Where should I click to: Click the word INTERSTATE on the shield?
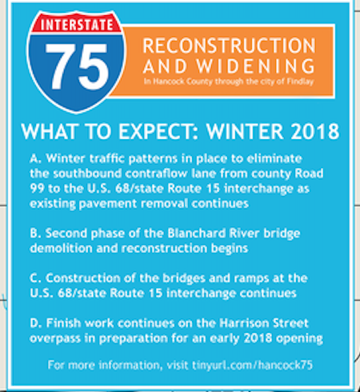[77, 25]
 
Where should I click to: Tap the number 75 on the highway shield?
[77, 66]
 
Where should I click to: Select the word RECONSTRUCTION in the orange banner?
[230, 46]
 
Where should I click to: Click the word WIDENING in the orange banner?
[255, 66]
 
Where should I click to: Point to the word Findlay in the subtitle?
[300, 82]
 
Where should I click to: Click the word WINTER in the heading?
[245, 131]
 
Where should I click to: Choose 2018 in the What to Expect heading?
[314, 131]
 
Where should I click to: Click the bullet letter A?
[35, 158]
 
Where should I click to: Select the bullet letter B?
[35, 234]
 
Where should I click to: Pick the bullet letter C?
[35, 278]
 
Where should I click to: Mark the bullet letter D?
[35, 323]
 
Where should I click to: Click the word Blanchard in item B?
[197, 234]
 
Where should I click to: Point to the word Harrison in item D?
[240, 323]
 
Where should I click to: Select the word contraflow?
[156, 174]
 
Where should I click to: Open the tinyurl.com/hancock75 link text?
[252, 365]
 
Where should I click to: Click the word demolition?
[61, 248]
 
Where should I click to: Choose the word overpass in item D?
[55, 339]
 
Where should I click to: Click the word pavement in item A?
[108, 204]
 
